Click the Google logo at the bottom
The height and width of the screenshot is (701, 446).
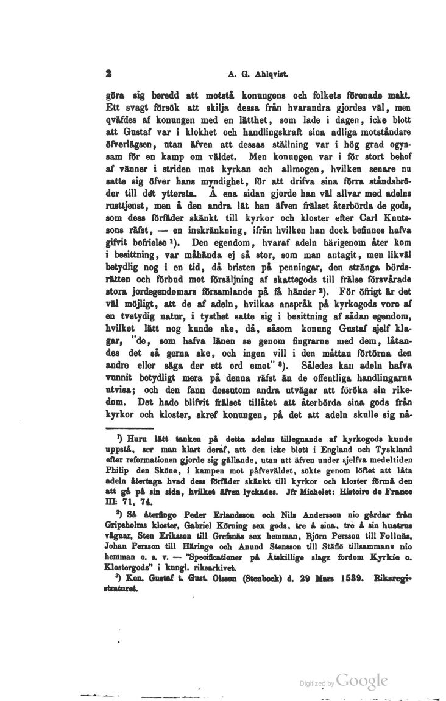tap(363, 664)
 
